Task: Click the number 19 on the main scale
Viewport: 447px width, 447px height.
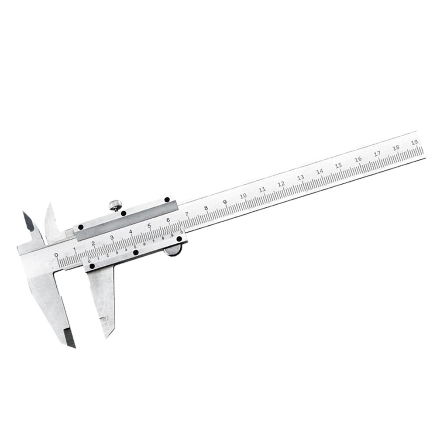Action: tap(415, 141)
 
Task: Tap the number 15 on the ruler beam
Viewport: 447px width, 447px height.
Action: tap(338, 166)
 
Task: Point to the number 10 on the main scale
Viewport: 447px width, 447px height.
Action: tap(243, 195)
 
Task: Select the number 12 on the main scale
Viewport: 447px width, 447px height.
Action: tap(281, 184)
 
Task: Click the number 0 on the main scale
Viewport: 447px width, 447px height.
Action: tap(56, 255)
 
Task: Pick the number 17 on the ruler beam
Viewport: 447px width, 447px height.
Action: tap(377, 154)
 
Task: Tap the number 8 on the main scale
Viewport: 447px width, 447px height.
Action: tap(206, 207)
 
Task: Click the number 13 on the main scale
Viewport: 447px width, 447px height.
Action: tap(300, 178)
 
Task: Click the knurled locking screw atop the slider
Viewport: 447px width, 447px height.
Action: tap(115, 205)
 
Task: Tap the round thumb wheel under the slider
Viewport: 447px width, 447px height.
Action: tap(174, 251)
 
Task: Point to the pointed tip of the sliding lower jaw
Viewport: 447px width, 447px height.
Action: tap(107, 334)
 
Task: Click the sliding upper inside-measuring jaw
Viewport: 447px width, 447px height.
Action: tap(52, 223)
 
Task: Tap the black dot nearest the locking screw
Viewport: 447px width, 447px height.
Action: tap(124, 213)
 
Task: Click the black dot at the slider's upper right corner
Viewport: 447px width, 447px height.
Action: tap(167, 200)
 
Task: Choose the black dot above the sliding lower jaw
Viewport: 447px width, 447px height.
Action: tap(92, 266)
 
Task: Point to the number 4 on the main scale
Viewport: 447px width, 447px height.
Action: tap(131, 231)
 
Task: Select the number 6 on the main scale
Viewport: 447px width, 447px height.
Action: tap(168, 220)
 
